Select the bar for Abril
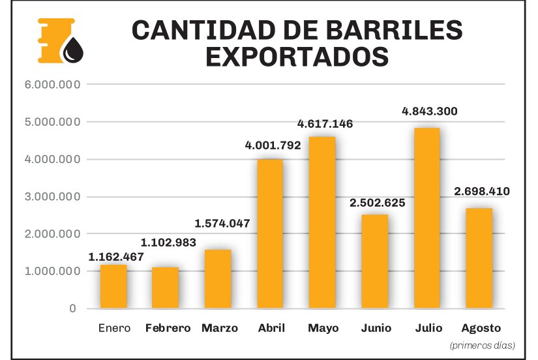[x=270, y=233]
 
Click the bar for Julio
[x=427, y=218]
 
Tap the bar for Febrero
[x=165, y=288]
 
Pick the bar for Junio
[x=375, y=261]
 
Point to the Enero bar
[x=113, y=286]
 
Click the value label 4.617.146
[x=325, y=123]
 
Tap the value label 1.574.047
[x=222, y=223]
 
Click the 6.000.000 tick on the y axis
[x=53, y=85]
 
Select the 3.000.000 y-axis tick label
[x=53, y=197]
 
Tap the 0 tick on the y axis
[x=73, y=308]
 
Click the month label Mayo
[x=323, y=328]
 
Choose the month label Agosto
[x=481, y=328]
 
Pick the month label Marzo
[x=220, y=328]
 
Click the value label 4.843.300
[x=430, y=111]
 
